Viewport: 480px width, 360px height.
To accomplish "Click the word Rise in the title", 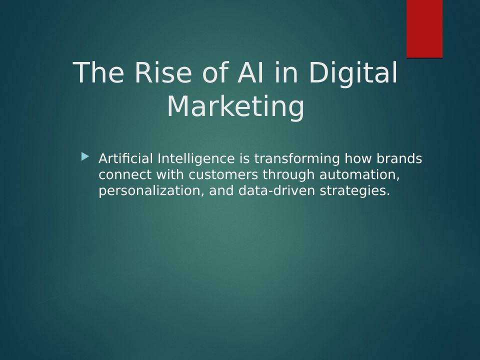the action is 163,72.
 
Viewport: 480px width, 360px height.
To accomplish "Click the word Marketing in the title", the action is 235,107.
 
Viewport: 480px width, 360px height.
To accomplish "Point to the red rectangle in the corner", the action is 424,29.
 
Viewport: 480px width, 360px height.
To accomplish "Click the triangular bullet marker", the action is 85,156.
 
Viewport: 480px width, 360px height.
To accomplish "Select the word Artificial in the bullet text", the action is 125,158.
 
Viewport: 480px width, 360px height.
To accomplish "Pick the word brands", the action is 399,158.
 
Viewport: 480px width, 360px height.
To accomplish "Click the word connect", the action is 125,175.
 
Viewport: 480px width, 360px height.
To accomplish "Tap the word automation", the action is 359,175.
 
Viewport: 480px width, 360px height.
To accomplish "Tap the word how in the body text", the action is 358,158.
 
